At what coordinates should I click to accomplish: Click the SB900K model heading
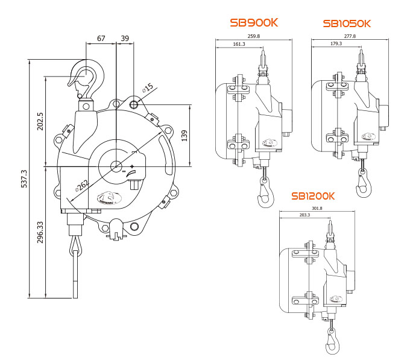[254, 22]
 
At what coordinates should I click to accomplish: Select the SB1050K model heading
[347, 24]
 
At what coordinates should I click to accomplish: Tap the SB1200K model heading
[312, 196]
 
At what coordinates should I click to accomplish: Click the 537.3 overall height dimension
[24, 178]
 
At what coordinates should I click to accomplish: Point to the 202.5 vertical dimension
[40, 121]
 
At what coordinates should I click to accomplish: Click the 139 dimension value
[184, 136]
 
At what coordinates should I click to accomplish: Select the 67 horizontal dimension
[101, 38]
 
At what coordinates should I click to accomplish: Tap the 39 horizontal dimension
[125, 38]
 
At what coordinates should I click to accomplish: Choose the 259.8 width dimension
[254, 37]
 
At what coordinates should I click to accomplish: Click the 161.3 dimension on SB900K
[239, 44]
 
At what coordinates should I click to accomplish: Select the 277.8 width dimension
[350, 37]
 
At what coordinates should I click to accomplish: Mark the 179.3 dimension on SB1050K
[336, 44]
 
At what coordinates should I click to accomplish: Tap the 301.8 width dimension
[317, 209]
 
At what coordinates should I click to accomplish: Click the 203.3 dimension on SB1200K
[304, 215]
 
